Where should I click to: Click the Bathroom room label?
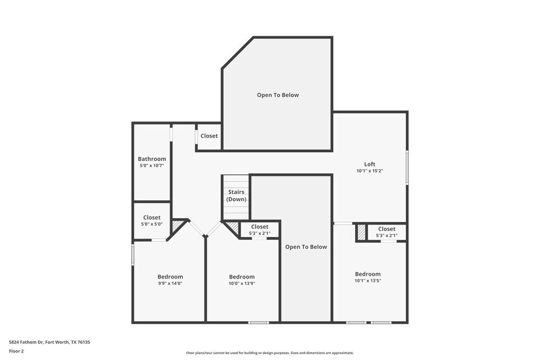152,159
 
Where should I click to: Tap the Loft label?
369,164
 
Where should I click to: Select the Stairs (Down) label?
236,195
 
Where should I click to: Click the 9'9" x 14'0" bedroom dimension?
170,283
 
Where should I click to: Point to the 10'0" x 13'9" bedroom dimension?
241,283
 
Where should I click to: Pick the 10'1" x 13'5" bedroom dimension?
367,280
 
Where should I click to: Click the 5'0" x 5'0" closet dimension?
152,224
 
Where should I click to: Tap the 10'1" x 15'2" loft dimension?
369,171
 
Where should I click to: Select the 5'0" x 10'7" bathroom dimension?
152,165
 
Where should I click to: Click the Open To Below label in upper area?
278,95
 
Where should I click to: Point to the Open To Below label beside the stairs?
306,247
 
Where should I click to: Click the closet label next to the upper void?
209,136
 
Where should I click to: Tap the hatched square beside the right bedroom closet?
361,233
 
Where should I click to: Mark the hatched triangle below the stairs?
232,227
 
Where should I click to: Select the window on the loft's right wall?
407,168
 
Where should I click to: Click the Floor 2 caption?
16,351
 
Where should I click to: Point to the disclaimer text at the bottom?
270,353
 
